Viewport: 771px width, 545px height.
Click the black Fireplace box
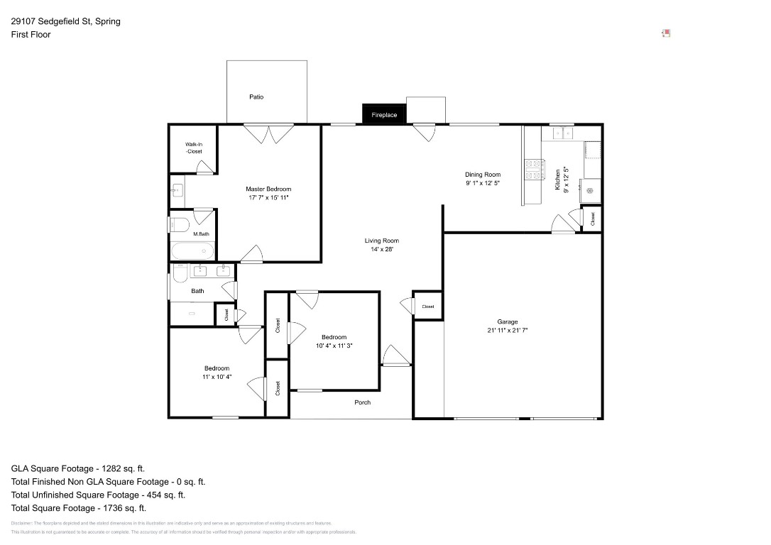tap(384, 114)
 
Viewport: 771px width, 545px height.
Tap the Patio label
tap(256, 97)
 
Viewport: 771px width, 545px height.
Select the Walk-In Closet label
tap(194, 148)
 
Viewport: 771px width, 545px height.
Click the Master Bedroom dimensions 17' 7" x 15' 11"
tap(268, 197)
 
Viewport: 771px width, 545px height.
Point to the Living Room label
tap(382, 241)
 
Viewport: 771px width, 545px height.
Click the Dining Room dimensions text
tap(483, 183)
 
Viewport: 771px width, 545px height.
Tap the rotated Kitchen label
tap(558, 179)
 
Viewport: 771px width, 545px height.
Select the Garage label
tap(507, 321)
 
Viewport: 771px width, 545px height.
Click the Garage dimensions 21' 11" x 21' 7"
tap(507, 330)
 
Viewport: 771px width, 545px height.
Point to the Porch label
tap(362, 402)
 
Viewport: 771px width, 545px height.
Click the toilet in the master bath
tap(179, 225)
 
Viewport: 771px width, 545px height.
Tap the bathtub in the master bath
tap(192, 251)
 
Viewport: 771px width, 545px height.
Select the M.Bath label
tap(201, 234)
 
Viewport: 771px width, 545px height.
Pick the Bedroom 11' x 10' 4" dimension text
tap(217, 377)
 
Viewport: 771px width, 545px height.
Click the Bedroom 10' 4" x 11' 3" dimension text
tap(334, 346)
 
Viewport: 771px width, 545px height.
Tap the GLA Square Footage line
tap(78, 468)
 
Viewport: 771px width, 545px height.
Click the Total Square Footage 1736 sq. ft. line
tap(79, 508)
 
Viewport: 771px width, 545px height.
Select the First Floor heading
tap(31, 34)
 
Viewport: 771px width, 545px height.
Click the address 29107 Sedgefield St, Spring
tap(65, 21)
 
